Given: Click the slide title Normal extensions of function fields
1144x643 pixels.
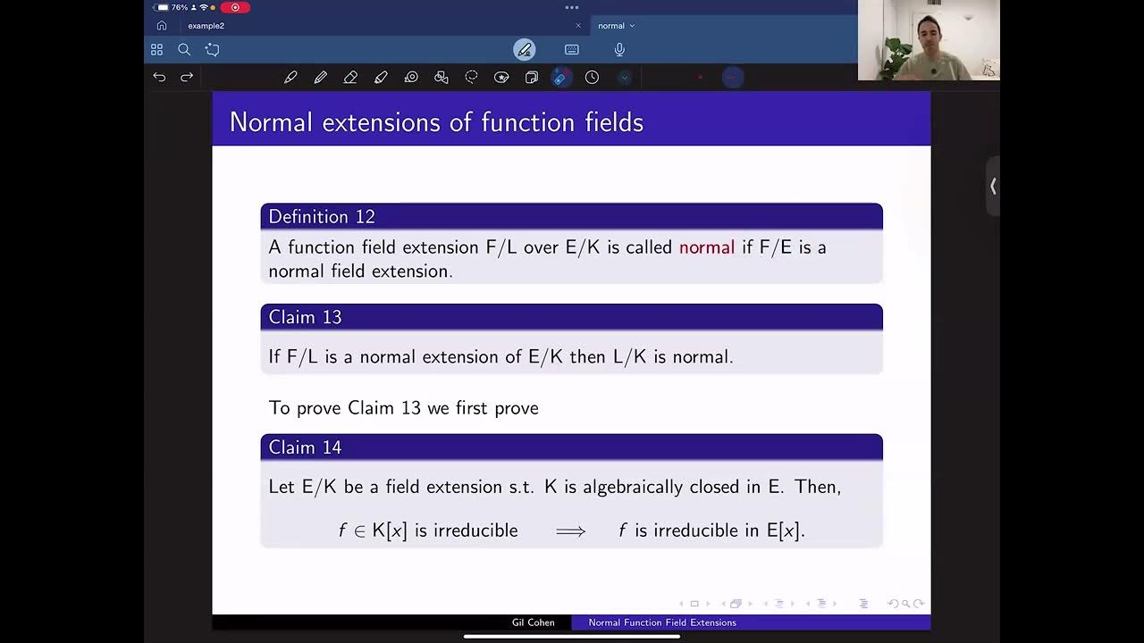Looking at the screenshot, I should (x=436, y=122).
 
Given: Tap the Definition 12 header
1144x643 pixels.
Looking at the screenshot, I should (x=322, y=217).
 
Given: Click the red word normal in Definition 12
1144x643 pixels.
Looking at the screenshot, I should (x=706, y=247).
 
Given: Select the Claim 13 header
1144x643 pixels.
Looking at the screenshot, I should (x=305, y=318).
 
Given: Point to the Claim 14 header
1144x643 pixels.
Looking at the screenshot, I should (x=305, y=447).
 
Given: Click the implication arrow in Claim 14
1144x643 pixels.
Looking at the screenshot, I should (x=570, y=531).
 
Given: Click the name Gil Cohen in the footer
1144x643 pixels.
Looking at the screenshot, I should (x=534, y=622).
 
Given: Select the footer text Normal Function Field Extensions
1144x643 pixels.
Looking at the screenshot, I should (x=662, y=622).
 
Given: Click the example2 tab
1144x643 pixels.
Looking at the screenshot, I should (x=206, y=26).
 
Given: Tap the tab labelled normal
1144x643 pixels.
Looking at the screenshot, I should (x=611, y=26).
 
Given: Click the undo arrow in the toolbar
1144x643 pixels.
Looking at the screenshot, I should (x=159, y=78).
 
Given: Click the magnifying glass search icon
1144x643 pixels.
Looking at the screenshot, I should (x=184, y=50).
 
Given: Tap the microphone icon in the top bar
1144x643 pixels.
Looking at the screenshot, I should (x=619, y=50).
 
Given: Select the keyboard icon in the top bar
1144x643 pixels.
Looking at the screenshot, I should (x=572, y=50).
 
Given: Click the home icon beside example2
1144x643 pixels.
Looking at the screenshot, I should (x=162, y=26).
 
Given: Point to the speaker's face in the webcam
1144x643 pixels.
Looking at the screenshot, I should (x=924, y=36).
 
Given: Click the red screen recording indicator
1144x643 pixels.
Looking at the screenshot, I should (x=235, y=7).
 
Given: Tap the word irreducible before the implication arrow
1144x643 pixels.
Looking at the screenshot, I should (x=475, y=530).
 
